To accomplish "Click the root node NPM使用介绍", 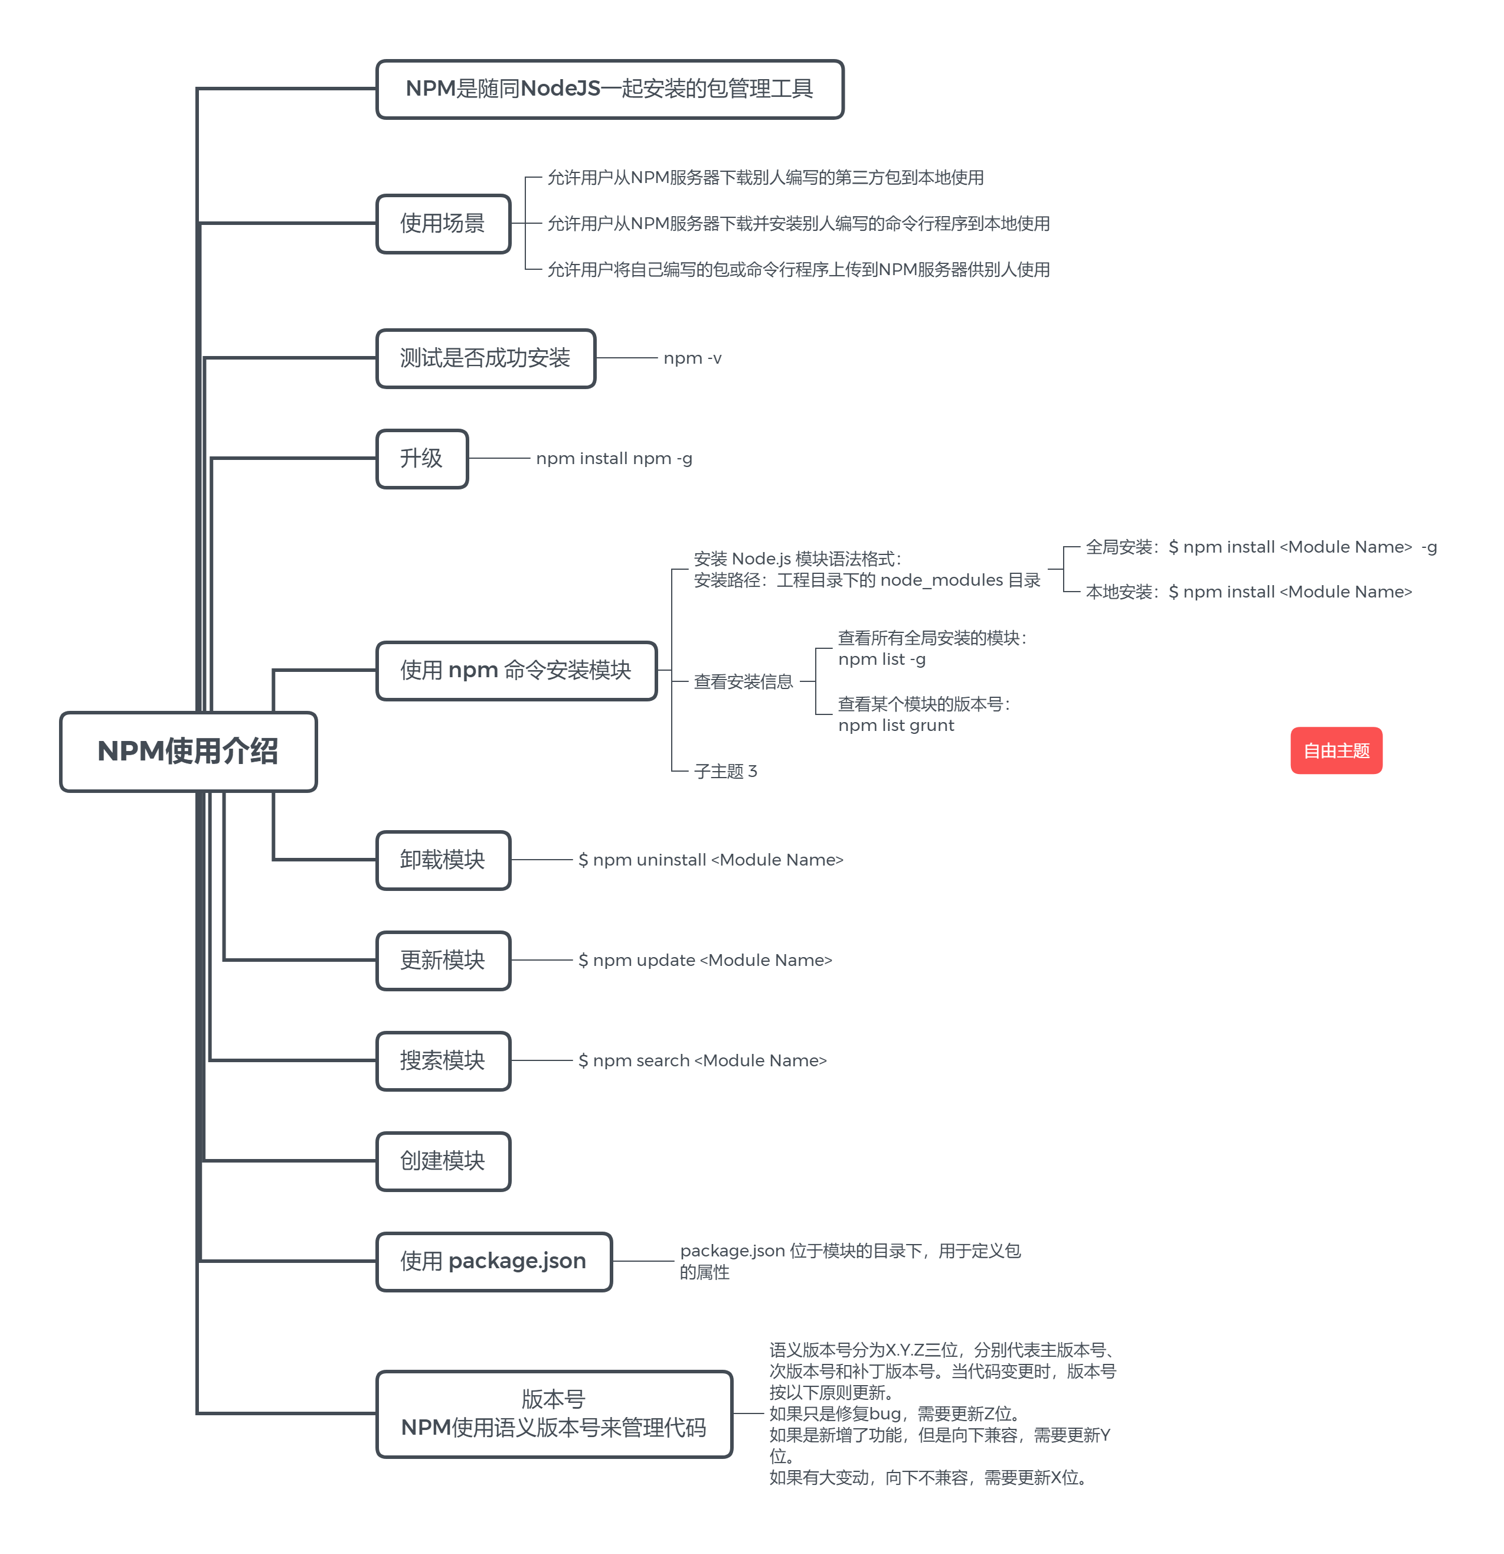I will [188, 751].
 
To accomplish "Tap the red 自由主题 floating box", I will [1335, 750].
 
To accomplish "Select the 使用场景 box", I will [442, 224].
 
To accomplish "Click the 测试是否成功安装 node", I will [485, 358].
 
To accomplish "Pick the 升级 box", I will [422, 458].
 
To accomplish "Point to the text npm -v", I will [692, 358].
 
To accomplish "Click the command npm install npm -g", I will [614, 458].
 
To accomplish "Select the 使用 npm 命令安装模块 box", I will [516, 671].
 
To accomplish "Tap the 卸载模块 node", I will [442, 860].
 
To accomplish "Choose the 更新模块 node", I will [442, 960].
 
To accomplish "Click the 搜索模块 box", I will [442, 1061].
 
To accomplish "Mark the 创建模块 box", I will [442, 1161].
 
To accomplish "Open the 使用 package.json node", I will [493, 1261].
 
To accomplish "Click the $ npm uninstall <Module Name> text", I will [710, 860].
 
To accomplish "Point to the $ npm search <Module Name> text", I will [702, 1061].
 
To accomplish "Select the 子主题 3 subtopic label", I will [725, 772].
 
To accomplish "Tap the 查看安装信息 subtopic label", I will [743, 682].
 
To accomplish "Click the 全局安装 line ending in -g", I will [1261, 547].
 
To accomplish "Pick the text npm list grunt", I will [896, 726].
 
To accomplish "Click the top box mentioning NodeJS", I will [609, 89].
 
